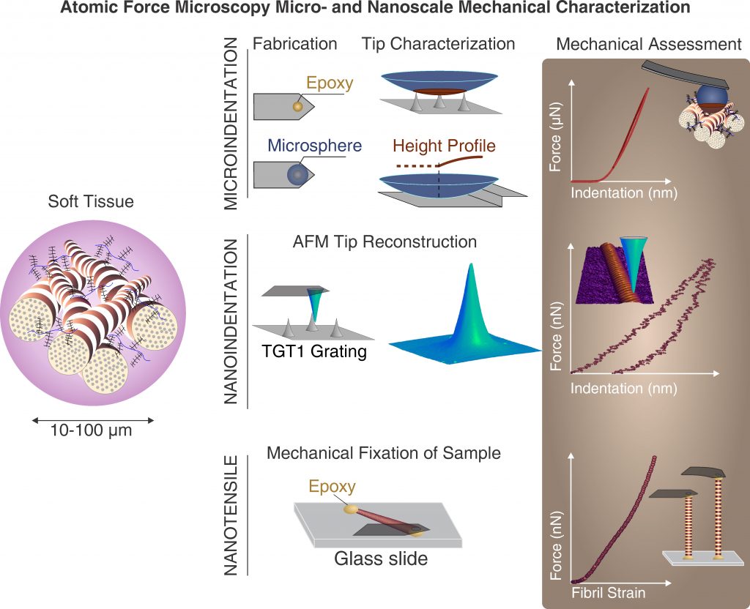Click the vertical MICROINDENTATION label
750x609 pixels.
pyautogui.click(x=231, y=123)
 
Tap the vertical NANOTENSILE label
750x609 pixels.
pyautogui.click(x=231, y=515)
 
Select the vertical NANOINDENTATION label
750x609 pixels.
pyautogui.click(x=231, y=321)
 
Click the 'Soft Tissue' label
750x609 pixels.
pyautogui.click(x=91, y=201)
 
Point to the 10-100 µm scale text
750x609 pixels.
pyautogui.click(x=91, y=430)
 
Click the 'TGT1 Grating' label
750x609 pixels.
pyautogui.click(x=314, y=351)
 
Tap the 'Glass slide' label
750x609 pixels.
pyautogui.click(x=381, y=558)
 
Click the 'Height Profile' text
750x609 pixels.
pyautogui.click(x=444, y=146)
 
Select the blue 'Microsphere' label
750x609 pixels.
pyautogui.click(x=315, y=146)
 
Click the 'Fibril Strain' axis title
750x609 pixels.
pyautogui.click(x=609, y=593)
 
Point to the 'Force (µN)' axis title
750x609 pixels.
pyautogui.click(x=555, y=137)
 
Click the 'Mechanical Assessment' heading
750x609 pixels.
pyautogui.click(x=649, y=44)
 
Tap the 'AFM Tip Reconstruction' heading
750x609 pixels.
pyautogui.click(x=385, y=242)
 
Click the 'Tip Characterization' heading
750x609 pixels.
pyautogui.click(x=438, y=43)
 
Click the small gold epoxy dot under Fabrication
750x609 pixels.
pyautogui.click(x=297, y=107)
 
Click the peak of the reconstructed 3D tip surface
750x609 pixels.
pyautogui.click(x=471, y=264)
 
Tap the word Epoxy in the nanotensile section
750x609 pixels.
pyautogui.click(x=332, y=486)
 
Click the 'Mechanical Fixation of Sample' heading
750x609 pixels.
pyautogui.click(x=384, y=452)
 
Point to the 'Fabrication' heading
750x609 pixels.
pyautogui.click(x=294, y=43)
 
